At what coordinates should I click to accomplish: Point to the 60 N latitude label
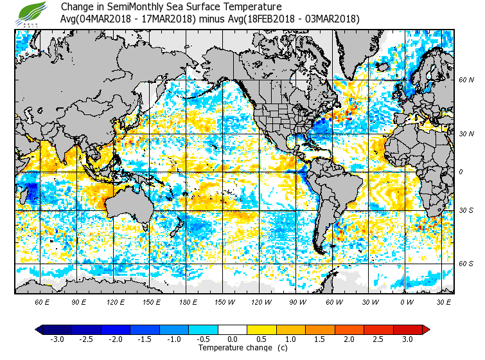pos(466,80)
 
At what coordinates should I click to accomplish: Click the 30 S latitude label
pos(466,211)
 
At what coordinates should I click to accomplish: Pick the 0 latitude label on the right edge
pos(461,172)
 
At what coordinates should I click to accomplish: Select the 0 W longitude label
pos(406,302)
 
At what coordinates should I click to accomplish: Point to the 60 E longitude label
pos(42,302)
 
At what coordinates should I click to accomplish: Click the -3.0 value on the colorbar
pos(57,339)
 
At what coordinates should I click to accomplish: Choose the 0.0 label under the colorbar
pos(233,339)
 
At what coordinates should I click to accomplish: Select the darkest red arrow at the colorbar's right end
pos(425,329)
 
